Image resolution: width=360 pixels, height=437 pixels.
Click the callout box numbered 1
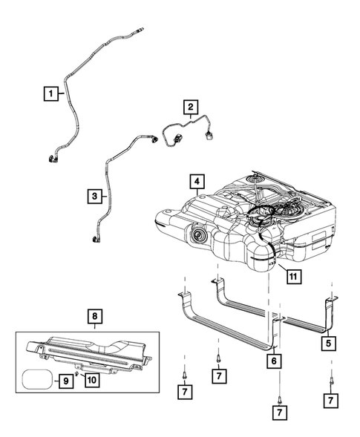point(51,93)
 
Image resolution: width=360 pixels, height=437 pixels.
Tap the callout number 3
point(94,197)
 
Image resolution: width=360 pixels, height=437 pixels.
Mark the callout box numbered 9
point(66,381)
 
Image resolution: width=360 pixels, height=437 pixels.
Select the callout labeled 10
point(92,381)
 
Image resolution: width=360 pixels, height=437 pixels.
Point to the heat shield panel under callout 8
point(89,352)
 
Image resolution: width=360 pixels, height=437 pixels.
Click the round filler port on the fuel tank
point(199,237)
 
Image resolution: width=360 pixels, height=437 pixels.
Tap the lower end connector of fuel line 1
point(54,157)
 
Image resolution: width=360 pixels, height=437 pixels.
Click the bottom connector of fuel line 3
point(95,240)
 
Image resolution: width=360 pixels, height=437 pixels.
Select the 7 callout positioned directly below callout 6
point(280,410)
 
